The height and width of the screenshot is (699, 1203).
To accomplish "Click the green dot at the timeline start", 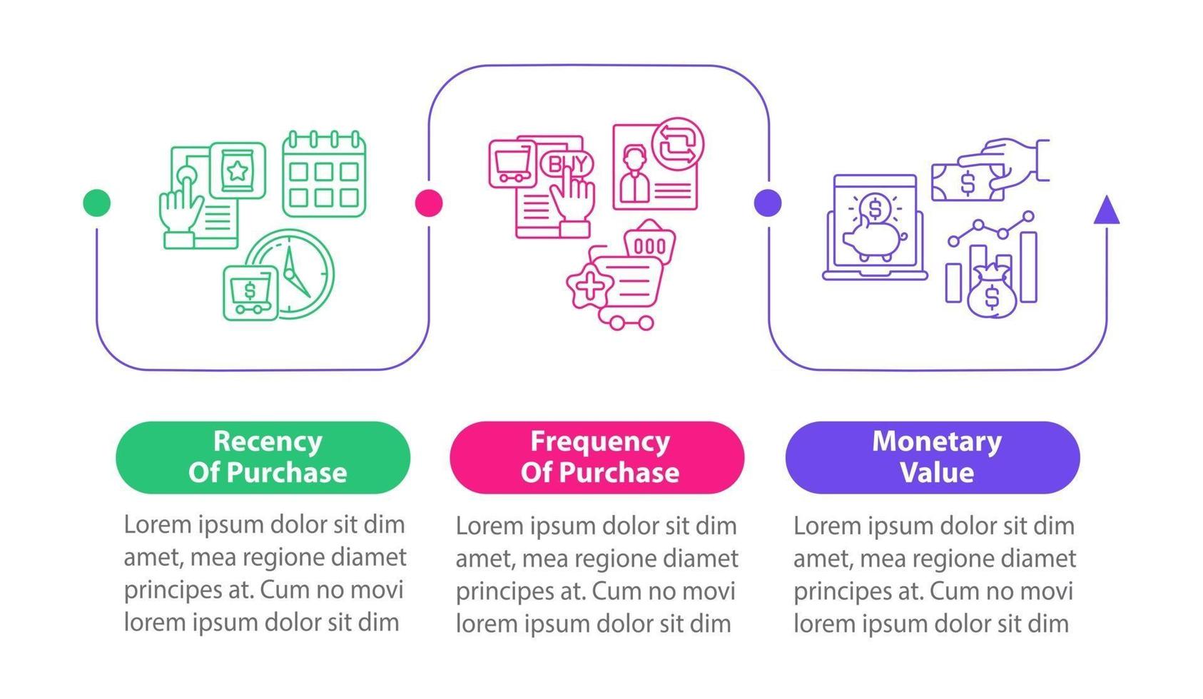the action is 96,203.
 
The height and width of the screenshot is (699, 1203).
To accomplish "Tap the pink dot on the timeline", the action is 429,203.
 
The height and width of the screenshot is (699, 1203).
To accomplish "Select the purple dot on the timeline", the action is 768,203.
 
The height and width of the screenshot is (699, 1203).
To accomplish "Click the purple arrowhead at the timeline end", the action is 1107,210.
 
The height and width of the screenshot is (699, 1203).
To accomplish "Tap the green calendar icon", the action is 324,174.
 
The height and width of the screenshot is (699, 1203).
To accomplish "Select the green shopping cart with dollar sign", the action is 250,293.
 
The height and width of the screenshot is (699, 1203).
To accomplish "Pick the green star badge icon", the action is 238,170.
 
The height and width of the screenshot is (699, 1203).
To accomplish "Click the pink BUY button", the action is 567,164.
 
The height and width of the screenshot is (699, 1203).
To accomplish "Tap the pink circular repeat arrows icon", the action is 678,144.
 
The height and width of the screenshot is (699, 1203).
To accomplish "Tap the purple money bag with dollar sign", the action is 991,292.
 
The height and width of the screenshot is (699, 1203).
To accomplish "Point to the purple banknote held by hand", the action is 968,183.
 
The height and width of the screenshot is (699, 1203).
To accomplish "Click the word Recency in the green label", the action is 268,442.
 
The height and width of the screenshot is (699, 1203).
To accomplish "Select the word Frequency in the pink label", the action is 600,442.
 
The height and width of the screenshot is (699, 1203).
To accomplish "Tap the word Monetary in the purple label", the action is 937,442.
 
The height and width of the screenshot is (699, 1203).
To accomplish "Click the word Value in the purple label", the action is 937,472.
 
